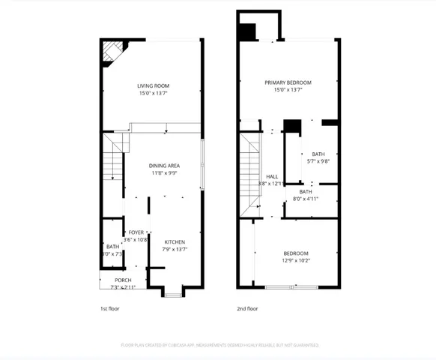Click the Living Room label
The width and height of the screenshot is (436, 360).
[x=153, y=86]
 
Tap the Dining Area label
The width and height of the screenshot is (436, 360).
[x=163, y=165]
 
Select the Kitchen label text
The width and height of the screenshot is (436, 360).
[x=175, y=241]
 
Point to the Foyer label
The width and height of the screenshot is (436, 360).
[x=136, y=232]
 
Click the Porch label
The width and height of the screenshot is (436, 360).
[x=123, y=280]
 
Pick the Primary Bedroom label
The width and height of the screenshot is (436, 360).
[x=288, y=82]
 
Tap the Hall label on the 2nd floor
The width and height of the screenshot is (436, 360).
[x=272, y=176]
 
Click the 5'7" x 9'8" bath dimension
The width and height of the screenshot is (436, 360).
[x=318, y=161]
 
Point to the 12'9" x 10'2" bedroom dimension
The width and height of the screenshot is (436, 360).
[x=297, y=261]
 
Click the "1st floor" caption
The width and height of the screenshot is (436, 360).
[x=109, y=308]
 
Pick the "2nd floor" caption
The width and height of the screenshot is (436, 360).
[x=247, y=308]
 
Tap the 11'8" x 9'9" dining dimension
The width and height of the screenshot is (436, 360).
[x=163, y=172]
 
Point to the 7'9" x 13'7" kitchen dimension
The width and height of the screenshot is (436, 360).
[x=175, y=249]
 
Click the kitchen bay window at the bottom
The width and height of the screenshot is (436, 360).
[x=173, y=293]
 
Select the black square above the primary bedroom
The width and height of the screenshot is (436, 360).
[x=246, y=32]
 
